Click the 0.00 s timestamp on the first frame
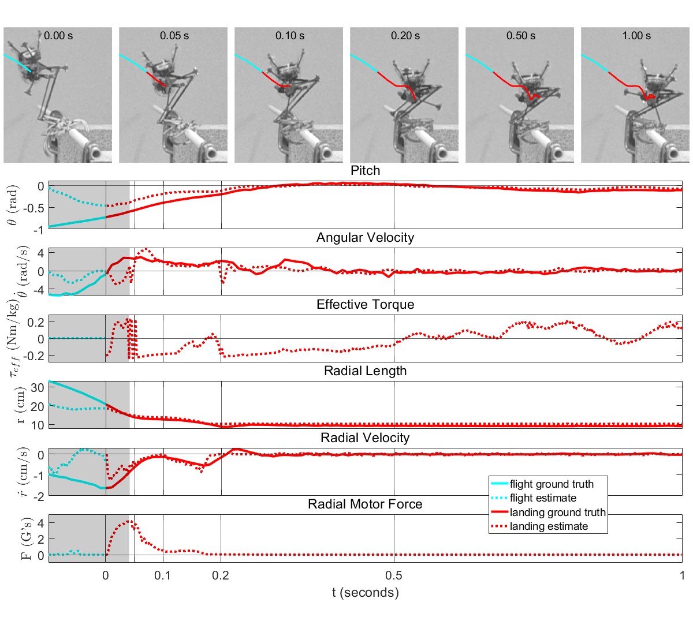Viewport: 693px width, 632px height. point(58,36)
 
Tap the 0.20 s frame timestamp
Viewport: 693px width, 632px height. point(405,36)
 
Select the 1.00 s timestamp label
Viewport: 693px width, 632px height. point(636,36)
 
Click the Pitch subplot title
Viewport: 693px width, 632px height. point(365,171)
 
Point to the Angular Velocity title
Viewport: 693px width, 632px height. point(365,238)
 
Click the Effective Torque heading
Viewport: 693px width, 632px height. point(365,304)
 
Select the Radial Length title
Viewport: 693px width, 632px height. point(365,371)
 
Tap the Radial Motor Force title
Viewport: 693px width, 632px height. point(365,504)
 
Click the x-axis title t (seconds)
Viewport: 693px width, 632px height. point(365,593)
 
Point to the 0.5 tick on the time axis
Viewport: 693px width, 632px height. point(394,575)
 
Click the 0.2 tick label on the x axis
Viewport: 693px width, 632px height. point(221,575)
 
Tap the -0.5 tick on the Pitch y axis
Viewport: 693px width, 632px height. point(35,208)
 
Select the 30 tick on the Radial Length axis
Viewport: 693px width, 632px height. point(38,387)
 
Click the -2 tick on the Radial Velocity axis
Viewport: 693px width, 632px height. point(38,496)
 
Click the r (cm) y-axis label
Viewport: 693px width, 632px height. point(20,405)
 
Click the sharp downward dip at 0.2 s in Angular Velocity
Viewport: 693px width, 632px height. point(223,282)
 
